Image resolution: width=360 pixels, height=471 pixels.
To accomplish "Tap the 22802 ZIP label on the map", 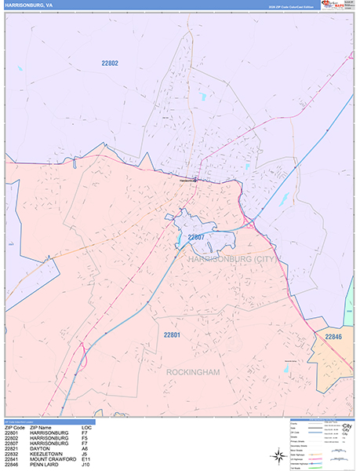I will pyautogui.click(x=110, y=63).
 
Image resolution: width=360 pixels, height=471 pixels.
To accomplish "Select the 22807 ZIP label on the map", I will pyautogui.click(x=195, y=236).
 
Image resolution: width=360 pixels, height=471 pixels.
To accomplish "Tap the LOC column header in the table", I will pyautogui.click(x=86, y=428).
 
